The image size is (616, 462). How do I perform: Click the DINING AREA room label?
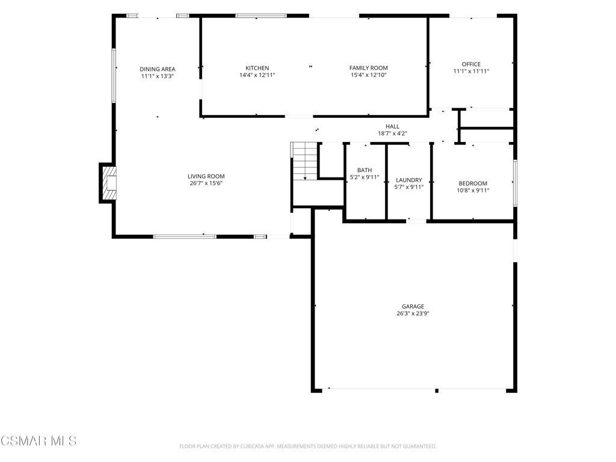158,69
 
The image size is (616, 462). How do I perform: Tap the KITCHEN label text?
257,68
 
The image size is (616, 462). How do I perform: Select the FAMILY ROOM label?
369,68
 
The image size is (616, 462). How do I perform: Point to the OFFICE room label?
471,64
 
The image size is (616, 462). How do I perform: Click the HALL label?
392,126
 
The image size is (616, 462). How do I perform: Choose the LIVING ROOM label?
206,176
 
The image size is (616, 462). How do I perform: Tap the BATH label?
365,170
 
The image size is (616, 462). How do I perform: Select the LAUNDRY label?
409,180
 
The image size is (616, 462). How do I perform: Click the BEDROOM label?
473,183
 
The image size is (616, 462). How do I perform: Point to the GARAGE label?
413,306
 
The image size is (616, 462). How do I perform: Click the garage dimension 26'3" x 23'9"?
413,313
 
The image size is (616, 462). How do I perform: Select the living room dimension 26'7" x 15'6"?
206,183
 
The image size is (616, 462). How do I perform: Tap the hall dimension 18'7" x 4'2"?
392,134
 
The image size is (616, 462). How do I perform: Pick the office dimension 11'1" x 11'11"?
471,71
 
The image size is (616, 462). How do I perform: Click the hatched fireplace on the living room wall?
109,183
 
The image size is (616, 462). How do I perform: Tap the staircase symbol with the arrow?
304,161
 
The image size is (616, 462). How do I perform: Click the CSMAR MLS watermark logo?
38,441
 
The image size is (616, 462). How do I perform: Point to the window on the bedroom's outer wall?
515,183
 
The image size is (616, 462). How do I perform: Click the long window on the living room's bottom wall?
185,236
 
